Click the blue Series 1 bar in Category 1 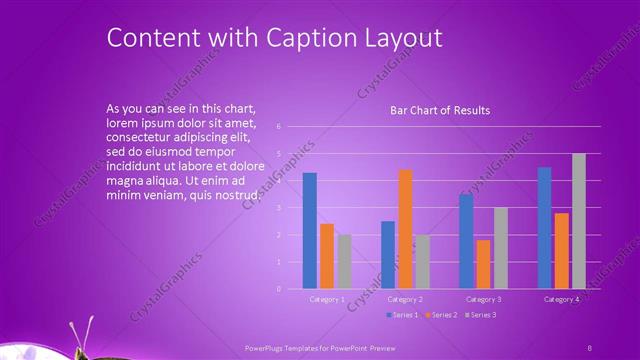(309, 230)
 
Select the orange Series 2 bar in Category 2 (405, 228)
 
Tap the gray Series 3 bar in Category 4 (579, 221)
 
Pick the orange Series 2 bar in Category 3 (484, 264)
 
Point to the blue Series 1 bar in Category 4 (544, 227)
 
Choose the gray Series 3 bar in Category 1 (344, 261)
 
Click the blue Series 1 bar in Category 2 (388, 254)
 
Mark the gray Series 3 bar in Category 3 (501, 248)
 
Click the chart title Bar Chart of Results (440, 110)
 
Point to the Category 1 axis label (327, 299)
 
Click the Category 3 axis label (484, 299)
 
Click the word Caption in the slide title (302, 38)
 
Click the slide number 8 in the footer (589, 347)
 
